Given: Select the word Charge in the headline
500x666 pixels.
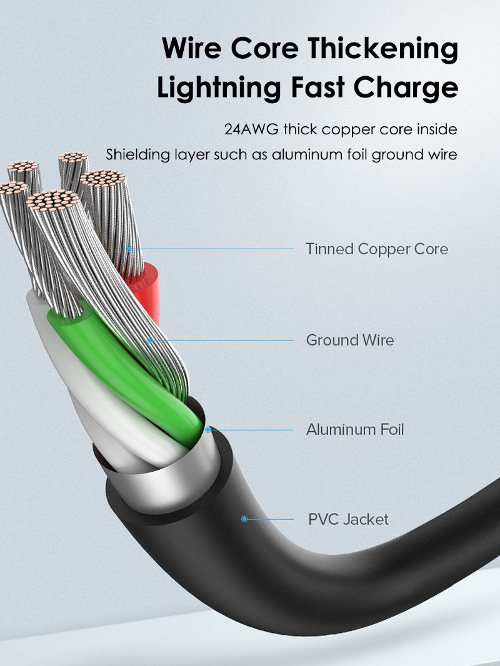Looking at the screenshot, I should (410, 88).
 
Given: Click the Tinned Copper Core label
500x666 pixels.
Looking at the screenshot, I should (377, 249).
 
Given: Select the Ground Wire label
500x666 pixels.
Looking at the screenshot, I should (349, 340).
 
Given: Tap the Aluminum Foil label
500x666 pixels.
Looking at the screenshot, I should (355, 430).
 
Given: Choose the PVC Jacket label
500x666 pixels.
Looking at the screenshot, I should (348, 519).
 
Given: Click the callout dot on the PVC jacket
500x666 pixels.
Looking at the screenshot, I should (244, 519).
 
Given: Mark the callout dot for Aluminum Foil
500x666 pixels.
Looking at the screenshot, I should (208, 430).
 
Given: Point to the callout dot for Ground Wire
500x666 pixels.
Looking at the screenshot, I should (150, 340).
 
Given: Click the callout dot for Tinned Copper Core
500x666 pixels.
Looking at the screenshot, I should (129, 249).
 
